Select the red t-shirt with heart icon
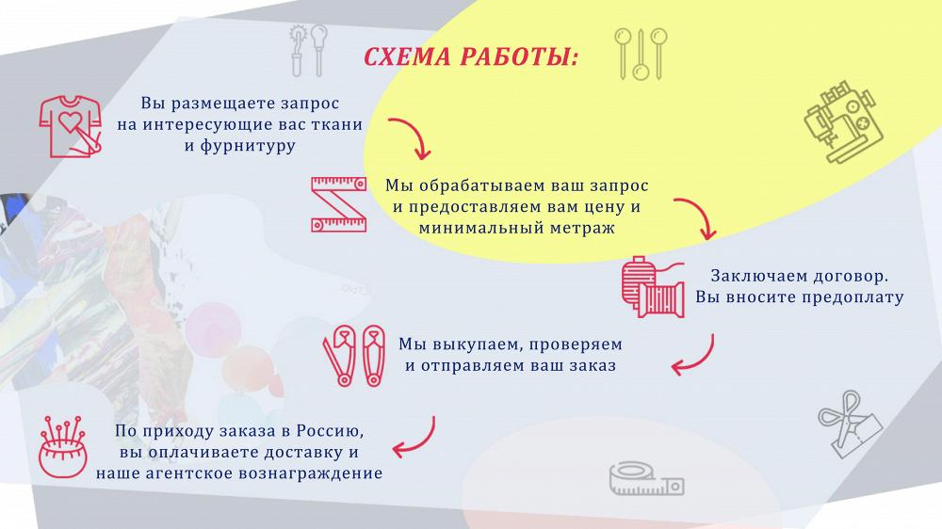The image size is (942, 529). pyautogui.click(x=71, y=127)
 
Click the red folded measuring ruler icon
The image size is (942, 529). pyautogui.click(x=338, y=204)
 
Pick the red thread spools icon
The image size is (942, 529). pyautogui.click(x=653, y=287)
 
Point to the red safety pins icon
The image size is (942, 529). pyautogui.click(x=354, y=356)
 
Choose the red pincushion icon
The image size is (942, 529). pyautogui.click(x=63, y=447)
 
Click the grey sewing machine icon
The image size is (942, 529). pyautogui.click(x=843, y=122)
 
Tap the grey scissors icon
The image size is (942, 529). pyautogui.click(x=850, y=423)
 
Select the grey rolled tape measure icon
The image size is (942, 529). pyautogui.click(x=646, y=478)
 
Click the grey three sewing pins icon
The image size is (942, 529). pyautogui.click(x=641, y=54)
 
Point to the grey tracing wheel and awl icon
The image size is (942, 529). pyautogui.click(x=309, y=51)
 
